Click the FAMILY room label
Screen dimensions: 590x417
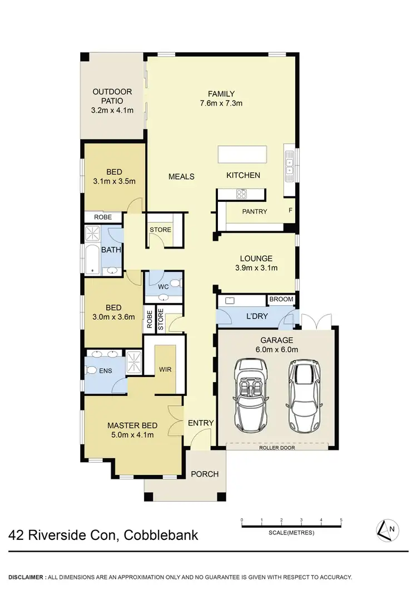click(x=221, y=93)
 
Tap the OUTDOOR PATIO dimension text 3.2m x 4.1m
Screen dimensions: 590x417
click(x=113, y=110)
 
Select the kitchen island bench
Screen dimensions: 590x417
click(x=242, y=154)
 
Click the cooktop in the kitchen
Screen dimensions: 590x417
click(x=242, y=194)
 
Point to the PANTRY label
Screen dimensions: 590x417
click(x=255, y=211)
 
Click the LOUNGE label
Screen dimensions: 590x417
click(x=256, y=258)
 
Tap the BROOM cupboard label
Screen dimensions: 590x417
click(x=281, y=299)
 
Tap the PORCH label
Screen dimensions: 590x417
click(x=205, y=474)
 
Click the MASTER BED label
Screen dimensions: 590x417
click(x=130, y=425)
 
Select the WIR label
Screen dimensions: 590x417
click(x=165, y=368)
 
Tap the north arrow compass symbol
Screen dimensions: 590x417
click(x=386, y=529)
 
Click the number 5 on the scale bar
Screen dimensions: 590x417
click(x=341, y=520)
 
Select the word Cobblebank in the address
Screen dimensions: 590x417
click(x=161, y=536)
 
